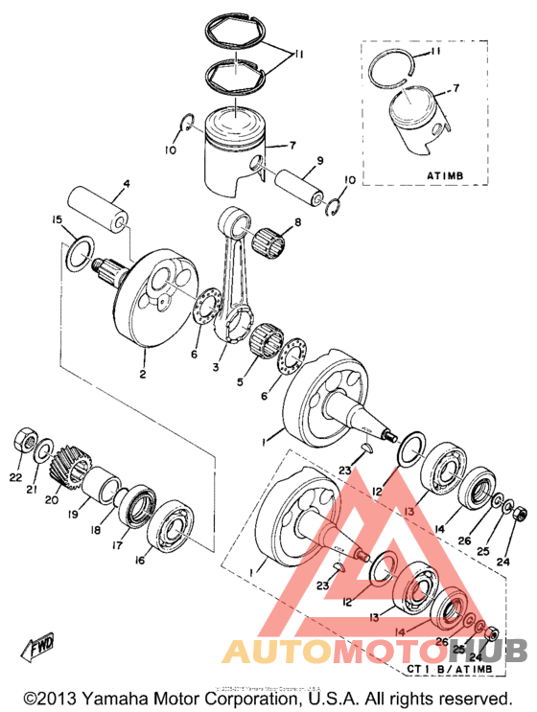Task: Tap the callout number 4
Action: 126,184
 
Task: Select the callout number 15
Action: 57,221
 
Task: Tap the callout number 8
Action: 298,222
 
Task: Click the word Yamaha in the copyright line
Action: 133,698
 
